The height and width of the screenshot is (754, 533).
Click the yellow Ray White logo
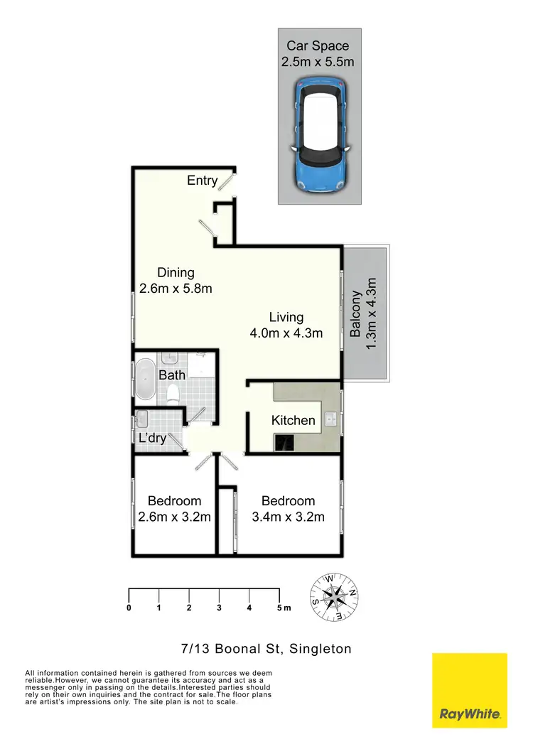click(470, 690)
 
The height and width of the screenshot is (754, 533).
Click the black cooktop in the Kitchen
click(284, 442)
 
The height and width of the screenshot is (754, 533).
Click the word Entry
click(202, 181)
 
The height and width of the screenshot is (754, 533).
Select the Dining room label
click(176, 272)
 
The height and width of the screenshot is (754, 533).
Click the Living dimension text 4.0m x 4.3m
click(286, 333)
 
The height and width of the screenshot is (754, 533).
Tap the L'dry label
click(152, 438)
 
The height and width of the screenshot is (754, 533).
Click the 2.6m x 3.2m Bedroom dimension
click(175, 517)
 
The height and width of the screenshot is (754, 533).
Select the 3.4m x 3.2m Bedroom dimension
click(288, 517)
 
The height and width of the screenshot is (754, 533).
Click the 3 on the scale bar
click(219, 608)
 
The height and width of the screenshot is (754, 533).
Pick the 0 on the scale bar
click(129, 608)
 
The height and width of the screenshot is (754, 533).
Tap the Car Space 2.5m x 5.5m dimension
click(318, 62)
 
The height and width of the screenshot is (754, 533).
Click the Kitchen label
click(293, 420)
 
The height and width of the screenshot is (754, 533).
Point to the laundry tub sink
click(141, 418)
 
